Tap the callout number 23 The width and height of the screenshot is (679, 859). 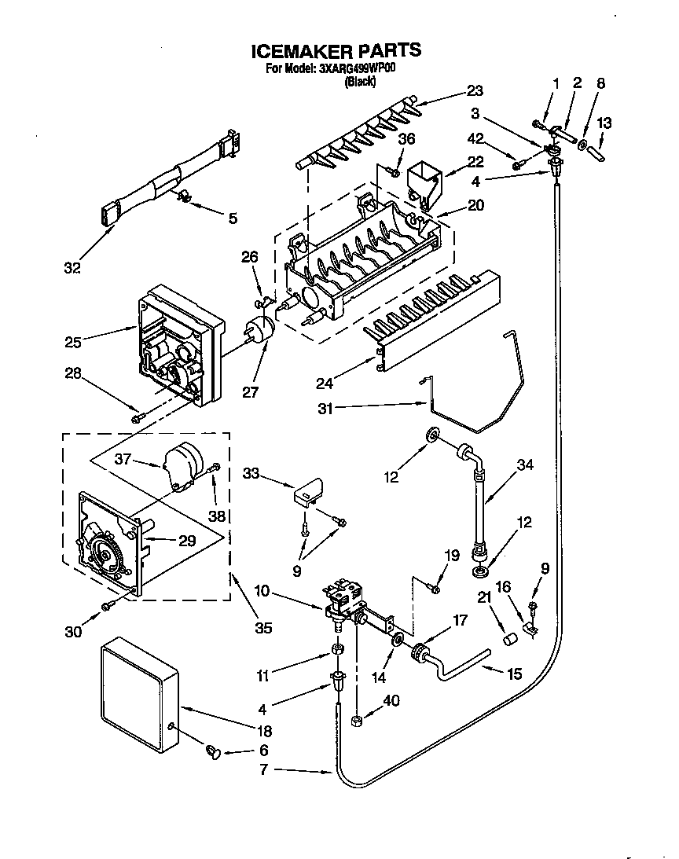point(474,90)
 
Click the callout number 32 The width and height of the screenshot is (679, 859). point(72,269)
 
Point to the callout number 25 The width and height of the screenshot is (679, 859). point(72,341)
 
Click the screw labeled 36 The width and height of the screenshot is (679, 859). point(396,171)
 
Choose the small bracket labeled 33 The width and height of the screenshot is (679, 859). point(308,492)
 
